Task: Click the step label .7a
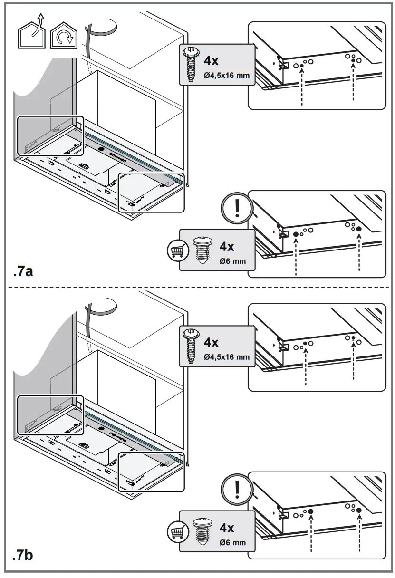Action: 23,272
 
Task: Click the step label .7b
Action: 23,554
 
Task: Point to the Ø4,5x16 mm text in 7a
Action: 226,76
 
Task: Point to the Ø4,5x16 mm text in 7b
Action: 226,357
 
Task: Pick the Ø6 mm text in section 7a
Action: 232,261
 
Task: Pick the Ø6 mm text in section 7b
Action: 232,542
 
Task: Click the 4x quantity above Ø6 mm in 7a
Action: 227,247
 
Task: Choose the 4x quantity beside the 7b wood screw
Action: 211,342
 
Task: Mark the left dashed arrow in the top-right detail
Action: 302,86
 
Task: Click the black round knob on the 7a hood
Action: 101,149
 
